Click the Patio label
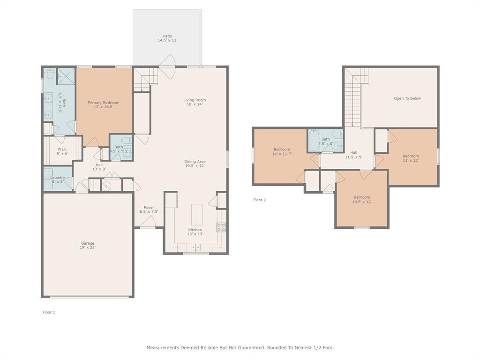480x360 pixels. point(167,36)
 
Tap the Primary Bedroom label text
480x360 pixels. point(103,103)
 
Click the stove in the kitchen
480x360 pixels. point(221,227)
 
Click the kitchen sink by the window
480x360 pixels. point(195,247)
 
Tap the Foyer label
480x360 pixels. point(149,208)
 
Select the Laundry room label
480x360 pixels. point(58,178)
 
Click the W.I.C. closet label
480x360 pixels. point(63,150)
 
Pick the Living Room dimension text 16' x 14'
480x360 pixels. point(195,105)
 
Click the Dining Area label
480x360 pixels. point(195,162)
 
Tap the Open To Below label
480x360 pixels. point(407,98)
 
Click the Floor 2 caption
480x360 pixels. point(260,200)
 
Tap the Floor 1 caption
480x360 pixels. point(49,312)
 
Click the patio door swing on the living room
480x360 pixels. point(168,61)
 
